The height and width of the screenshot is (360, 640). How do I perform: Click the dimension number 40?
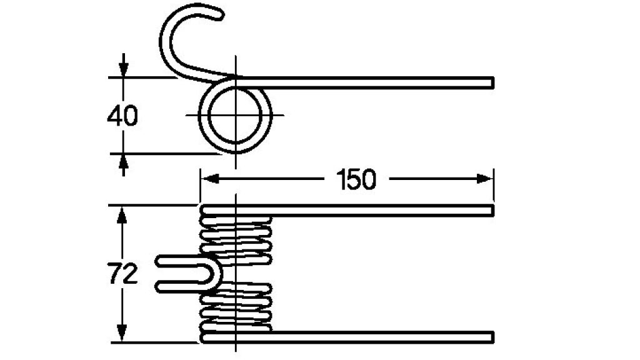click(x=122, y=116)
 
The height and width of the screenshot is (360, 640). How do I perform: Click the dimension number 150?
click(x=356, y=179)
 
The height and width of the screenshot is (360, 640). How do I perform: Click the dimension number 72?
click(x=123, y=274)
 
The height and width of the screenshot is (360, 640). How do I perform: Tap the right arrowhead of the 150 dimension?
click(x=484, y=179)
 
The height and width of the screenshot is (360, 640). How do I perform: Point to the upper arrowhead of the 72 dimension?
click(x=122, y=215)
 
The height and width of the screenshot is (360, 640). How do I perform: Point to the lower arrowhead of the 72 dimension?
click(x=122, y=333)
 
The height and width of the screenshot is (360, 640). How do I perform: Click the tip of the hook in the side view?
click(x=221, y=15)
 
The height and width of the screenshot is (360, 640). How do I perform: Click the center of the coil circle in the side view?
click(x=235, y=115)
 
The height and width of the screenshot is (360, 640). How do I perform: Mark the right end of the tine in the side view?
click(x=493, y=83)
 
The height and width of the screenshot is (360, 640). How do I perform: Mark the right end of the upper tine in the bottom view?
click(x=493, y=211)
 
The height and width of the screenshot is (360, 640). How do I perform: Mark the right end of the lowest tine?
click(x=493, y=337)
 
